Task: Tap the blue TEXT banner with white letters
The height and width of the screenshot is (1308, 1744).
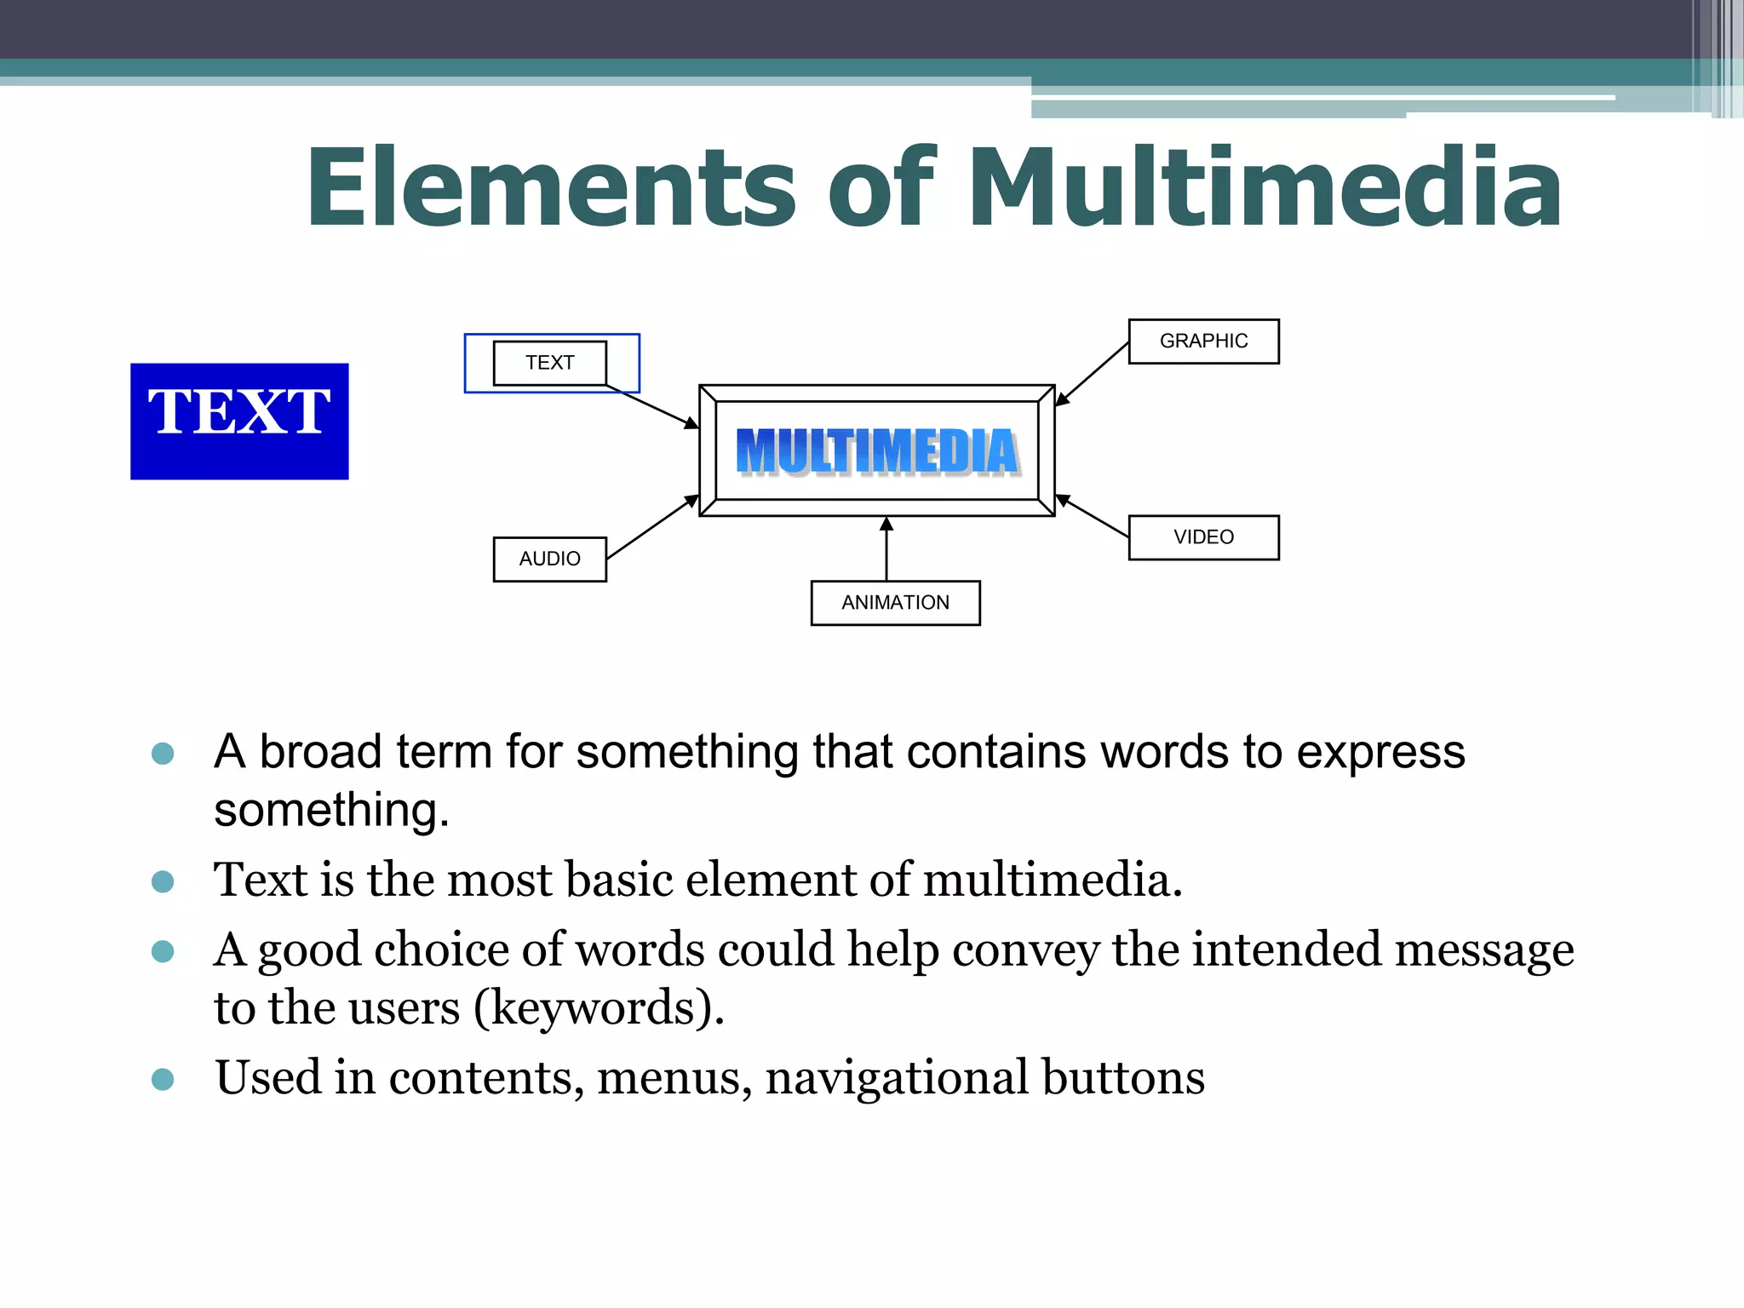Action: tap(239, 421)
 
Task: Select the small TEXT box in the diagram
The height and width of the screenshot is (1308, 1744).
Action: tap(550, 363)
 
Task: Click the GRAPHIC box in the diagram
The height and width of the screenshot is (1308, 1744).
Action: tap(1203, 341)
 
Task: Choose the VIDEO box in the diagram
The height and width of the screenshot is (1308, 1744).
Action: tap(1203, 537)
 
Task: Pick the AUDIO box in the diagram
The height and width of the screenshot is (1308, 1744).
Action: tap(550, 559)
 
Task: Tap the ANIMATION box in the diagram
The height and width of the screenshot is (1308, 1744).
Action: tap(895, 603)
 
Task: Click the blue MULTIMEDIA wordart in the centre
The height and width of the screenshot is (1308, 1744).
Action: tap(877, 451)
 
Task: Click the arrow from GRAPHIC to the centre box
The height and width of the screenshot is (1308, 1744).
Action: tap(1093, 373)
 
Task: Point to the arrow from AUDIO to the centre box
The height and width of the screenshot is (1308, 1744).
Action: tap(652, 527)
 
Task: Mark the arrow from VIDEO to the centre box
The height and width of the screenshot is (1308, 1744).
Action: tap(1093, 516)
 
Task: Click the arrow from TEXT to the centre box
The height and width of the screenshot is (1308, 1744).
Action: tap(652, 407)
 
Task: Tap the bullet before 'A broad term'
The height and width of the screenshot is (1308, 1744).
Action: tap(163, 753)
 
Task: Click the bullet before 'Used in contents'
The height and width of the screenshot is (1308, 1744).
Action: tap(163, 1080)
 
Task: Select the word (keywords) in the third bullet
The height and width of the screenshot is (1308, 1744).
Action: tap(599, 1008)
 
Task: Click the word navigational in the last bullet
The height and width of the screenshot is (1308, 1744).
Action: tap(897, 1078)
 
